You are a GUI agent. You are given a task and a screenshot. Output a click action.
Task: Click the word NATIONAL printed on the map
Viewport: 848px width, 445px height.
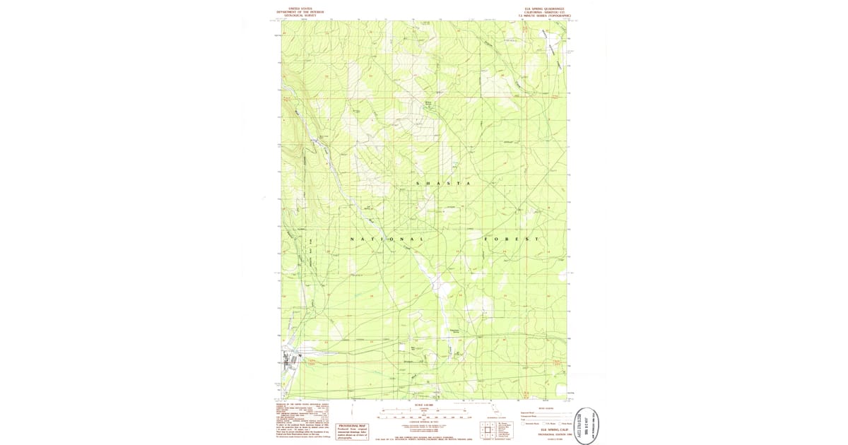tap(386, 239)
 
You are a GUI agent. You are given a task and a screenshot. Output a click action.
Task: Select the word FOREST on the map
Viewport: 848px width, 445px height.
tap(512, 239)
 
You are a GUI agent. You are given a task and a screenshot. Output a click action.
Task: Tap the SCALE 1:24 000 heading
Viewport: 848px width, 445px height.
tap(424, 405)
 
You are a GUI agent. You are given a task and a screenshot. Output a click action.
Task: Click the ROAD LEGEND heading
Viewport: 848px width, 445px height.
tap(546, 408)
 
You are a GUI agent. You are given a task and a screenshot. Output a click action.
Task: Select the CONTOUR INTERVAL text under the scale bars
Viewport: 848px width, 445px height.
tap(424, 422)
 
